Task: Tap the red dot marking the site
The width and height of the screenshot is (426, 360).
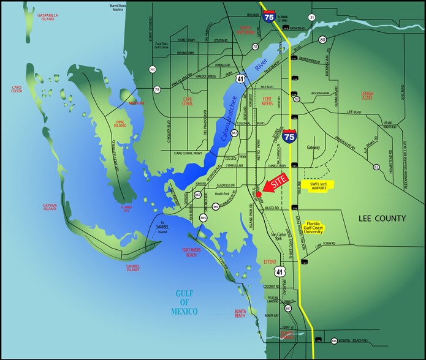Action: (x=258, y=194)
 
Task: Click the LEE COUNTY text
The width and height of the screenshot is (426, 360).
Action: (x=381, y=219)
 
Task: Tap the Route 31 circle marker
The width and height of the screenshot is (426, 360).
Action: (x=311, y=18)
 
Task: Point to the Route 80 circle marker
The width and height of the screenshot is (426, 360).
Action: (x=322, y=40)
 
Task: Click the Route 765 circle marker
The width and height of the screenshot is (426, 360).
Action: (x=152, y=70)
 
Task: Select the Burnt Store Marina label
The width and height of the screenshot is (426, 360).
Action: (x=121, y=7)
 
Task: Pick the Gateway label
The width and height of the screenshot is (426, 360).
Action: (x=314, y=148)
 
